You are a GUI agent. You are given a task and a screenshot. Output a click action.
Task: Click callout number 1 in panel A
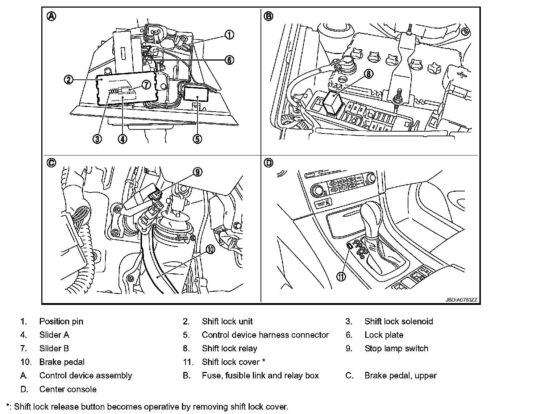pyautogui.click(x=229, y=35)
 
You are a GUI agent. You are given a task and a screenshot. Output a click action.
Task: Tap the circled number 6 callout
pyautogui.click(x=229, y=60)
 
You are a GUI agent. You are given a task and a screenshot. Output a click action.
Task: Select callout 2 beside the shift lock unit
pyautogui.click(x=68, y=80)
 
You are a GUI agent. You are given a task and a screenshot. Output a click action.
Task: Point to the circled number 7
pyautogui.click(x=145, y=85)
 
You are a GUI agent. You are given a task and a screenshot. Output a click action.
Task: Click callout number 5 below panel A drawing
pyautogui.click(x=197, y=139)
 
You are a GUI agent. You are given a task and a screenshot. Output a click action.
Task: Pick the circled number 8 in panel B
pyautogui.click(x=368, y=74)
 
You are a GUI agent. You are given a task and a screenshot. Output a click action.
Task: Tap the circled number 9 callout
pyautogui.click(x=197, y=172)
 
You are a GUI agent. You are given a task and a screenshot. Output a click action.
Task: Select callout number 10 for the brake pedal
pyautogui.click(x=211, y=249)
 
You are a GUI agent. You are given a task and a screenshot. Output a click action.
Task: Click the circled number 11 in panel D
pyautogui.click(x=341, y=276)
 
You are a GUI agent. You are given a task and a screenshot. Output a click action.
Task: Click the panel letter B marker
pyautogui.click(x=269, y=16)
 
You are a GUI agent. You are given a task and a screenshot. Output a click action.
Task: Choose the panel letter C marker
pyautogui.click(x=51, y=163)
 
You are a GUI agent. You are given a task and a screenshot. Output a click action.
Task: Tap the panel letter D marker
pyautogui.click(x=269, y=163)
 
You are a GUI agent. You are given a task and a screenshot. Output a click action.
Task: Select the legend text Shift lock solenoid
pyautogui.click(x=399, y=322)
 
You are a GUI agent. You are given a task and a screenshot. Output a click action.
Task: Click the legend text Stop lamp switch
pyautogui.click(x=396, y=349)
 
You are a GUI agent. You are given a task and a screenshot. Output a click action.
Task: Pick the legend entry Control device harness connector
pyautogui.click(x=265, y=335)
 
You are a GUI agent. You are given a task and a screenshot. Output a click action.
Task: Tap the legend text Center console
pyautogui.click(x=68, y=389)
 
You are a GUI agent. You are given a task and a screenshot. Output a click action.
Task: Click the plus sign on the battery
pyautogui.click(x=462, y=75)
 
